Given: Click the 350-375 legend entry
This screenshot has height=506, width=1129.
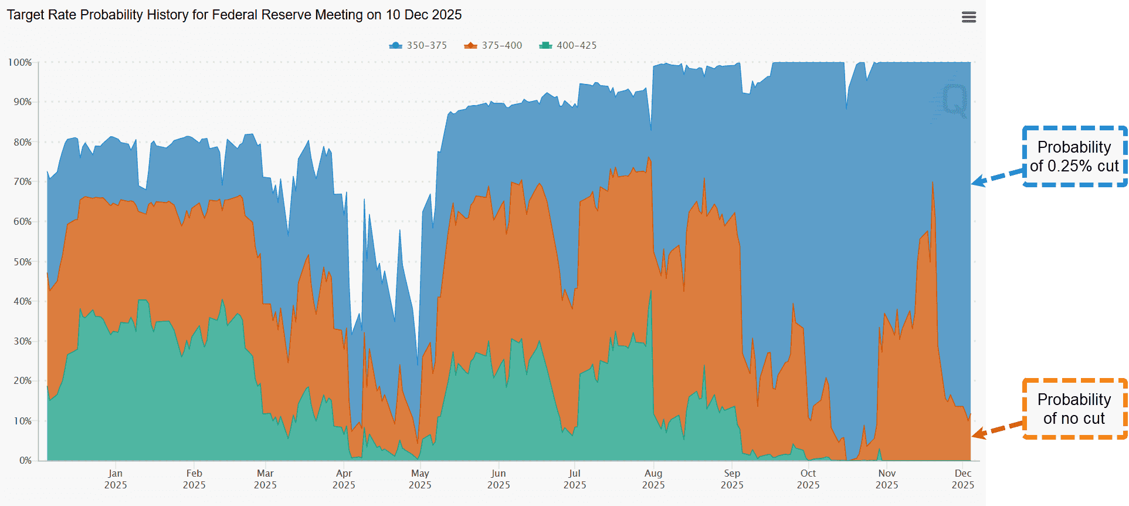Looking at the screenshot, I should (x=418, y=45).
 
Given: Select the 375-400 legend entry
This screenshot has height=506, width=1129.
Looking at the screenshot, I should (x=493, y=45).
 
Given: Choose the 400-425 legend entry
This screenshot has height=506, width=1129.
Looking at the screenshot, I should (x=568, y=45).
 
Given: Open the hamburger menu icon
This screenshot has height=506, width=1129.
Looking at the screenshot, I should (x=969, y=17).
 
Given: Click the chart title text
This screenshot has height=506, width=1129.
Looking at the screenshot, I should (x=234, y=15).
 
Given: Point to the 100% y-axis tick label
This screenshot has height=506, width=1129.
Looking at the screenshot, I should (x=20, y=62).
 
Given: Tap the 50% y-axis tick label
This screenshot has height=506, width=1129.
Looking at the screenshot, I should (x=22, y=262).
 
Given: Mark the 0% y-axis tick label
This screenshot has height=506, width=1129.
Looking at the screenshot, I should (x=25, y=460).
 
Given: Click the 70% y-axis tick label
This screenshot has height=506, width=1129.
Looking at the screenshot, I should (x=22, y=182).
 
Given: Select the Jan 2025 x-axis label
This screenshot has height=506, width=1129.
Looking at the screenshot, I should (x=116, y=479).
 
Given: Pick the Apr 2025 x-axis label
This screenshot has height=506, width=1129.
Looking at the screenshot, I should (x=344, y=479).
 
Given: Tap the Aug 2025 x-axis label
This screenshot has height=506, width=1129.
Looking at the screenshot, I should (x=653, y=479).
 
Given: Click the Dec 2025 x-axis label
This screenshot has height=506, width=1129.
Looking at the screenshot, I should (x=962, y=479).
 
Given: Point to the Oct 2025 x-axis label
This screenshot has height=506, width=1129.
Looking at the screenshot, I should (x=808, y=479).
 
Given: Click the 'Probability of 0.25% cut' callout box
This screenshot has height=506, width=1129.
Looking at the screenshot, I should (x=1074, y=156).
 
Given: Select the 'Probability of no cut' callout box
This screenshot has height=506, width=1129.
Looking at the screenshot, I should (x=1074, y=409).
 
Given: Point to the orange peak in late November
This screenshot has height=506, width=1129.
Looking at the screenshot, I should (x=933, y=183).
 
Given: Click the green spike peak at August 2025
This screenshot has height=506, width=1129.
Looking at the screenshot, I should (x=650, y=291).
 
